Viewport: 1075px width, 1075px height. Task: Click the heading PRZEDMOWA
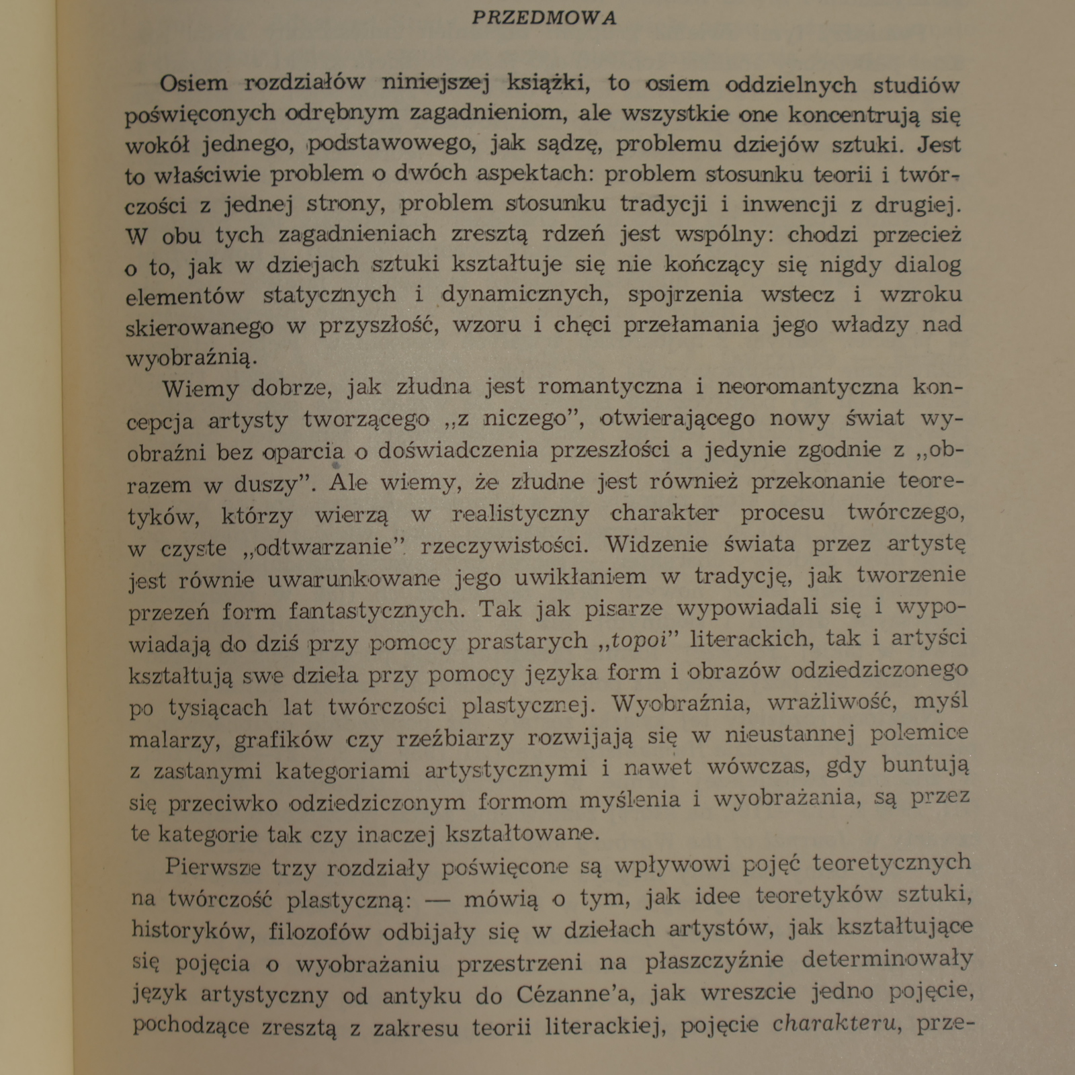click(x=544, y=18)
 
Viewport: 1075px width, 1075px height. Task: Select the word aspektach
click(x=532, y=173)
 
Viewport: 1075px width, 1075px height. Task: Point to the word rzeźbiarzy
click(x=455, y=738)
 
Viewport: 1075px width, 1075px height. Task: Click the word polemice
click(x=919, y=732)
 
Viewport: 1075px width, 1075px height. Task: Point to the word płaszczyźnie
click(x=714, y=961)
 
